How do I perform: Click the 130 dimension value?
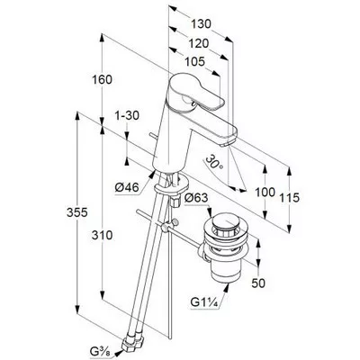pyautogui.click(x=201, y=24)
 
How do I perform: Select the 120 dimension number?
pyautogui.click(x=198, y=43)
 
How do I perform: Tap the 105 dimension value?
pyautogui.click(x=194, y=62)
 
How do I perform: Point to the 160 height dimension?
pyautogui.click(x=102, y=80)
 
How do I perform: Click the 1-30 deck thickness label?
pyautogui.click(x=128, y=115)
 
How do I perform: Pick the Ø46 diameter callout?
pyautogui.click(x=127, y=188)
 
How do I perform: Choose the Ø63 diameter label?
pyautogui.click(x=196, y=198)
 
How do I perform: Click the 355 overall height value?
pyautogui.click(x=77, y=212)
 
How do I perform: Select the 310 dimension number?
pyautogui.click(x=102, y=235)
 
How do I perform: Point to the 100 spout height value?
pyautogui.click(x=265, y=192)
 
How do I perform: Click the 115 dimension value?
pyautogui.click(x=290, y=197)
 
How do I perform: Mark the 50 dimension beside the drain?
pyautogui.click(x=258, y=283)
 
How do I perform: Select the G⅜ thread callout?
pyautogui.click(x=101, y=349)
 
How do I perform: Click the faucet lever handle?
pyautogui.click(x=196, y=92)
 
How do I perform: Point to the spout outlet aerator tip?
pyautogui.click(x=227, y=142)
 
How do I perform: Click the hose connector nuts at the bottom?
pyautogui.click(x=133, y=343)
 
